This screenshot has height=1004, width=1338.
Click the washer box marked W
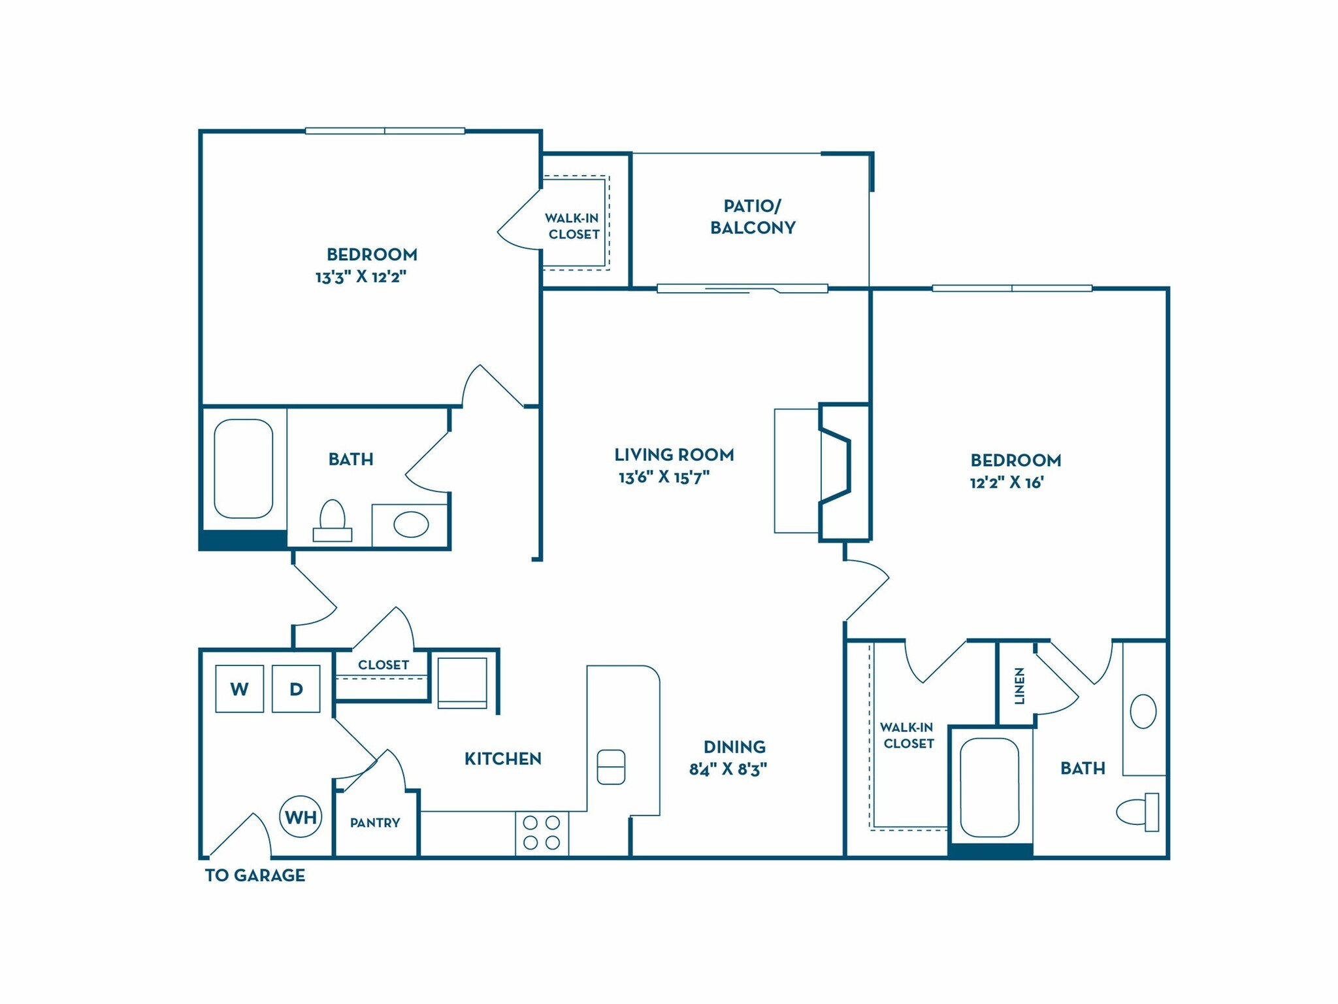(x=240, y=688)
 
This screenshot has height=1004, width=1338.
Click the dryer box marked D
(x=296, y=688)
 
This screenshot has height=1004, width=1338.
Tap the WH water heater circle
(x=301, y=816)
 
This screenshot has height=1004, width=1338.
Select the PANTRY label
(x=375, y=822)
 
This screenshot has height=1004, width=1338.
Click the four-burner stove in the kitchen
(x=542, y=833)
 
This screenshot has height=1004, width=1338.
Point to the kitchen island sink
(x=611, y=766)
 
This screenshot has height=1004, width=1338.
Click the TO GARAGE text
(x=255, y=875)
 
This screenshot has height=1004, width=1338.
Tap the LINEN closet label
(x=1019, y=686)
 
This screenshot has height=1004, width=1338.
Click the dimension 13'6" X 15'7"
(x=664, y=477)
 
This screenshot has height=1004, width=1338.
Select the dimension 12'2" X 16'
(x=1007, y=483)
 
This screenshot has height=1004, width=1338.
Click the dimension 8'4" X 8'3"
(x=728, y=769)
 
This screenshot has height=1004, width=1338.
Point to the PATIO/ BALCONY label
(x=753, y=216)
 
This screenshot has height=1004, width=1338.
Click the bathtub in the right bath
(x=990, y=788)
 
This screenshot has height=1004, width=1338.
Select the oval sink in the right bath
(x=1143, y=711)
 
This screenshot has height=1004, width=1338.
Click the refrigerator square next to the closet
(x=462, y=682)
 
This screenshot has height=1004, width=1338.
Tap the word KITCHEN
(x=502, y=758)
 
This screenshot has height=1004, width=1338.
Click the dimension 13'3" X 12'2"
(x=361, y=276)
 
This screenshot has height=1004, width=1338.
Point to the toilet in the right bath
(x=1138, y=812)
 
